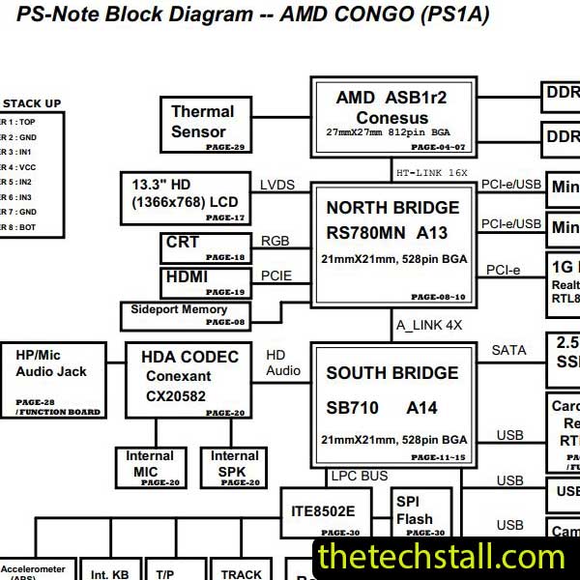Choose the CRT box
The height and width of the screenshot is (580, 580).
[205, 247]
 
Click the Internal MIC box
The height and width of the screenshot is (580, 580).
[150, 466]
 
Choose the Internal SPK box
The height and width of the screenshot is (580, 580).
[234, 466]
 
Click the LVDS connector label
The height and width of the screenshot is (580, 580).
[278, 185]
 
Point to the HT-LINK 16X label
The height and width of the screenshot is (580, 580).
[432, 173]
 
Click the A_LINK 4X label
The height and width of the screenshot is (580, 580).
[429, 325]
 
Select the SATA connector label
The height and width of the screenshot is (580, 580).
[508, 350]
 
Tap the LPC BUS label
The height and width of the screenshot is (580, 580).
[359, 477]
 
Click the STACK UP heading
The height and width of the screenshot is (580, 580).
[32, 103]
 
